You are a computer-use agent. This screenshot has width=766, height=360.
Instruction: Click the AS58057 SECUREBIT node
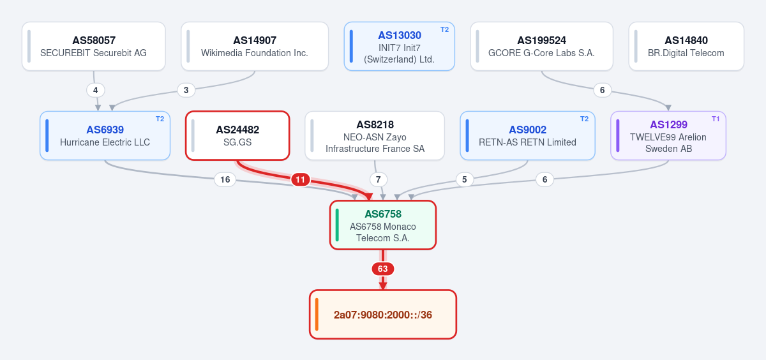click(x=94, y=47)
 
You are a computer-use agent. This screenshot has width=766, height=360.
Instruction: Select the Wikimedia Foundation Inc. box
click(x=255, y=47)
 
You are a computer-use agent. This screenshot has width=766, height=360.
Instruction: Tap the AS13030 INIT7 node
click(x=400, y=47)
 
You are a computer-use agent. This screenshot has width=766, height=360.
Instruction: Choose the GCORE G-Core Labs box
click(x=542, y=47)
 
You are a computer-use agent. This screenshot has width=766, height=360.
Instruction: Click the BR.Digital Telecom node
click(x=686, y=47)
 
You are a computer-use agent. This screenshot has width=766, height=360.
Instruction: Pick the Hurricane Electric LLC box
click(x=105, y=135)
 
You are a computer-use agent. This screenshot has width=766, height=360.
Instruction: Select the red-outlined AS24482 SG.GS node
click(x=237, y=135)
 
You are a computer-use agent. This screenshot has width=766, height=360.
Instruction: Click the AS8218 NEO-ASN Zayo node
click(x=375, y=135)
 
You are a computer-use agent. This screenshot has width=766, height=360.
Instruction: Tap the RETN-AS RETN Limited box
click(x=528, y=135)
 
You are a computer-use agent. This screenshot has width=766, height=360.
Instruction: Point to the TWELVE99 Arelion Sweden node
click(x=668, y=135)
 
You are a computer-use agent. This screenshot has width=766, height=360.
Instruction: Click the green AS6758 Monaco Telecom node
click(x=383, y=225)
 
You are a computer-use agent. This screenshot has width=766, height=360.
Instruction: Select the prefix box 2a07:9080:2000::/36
click(x=383, y=315)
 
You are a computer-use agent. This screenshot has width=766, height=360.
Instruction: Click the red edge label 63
click(x=383, y=269)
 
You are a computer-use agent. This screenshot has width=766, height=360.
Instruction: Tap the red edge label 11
click(x=300, y=179)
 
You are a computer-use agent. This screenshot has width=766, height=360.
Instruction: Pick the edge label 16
click(x=225, y=179)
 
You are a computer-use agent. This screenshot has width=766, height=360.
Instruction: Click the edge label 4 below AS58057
click(x=95, y=90)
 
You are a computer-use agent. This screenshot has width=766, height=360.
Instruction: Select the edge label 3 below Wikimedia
click(x=186, y=90)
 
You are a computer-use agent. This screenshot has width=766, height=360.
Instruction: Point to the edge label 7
click(x=378, y=179)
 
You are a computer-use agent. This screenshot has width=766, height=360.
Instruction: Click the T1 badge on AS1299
click(x=716, y=119)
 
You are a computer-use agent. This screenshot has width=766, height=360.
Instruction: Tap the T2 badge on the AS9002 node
click(x=585, y=119)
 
